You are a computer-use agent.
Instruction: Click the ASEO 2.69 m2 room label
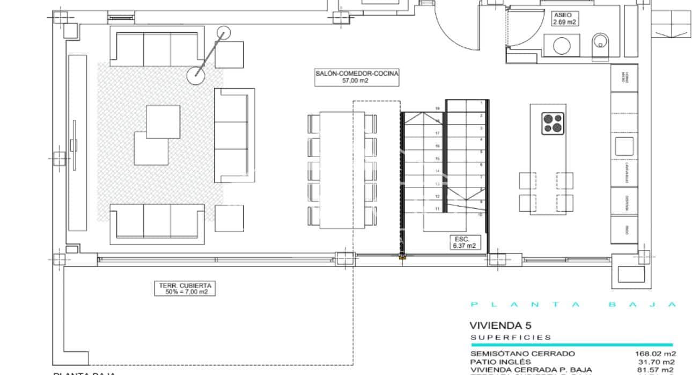[564, 19]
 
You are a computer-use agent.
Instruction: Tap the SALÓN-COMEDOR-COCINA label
[357, 77]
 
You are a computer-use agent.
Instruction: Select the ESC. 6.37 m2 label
[462, 242]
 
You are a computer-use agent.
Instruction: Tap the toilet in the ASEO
[600, 45]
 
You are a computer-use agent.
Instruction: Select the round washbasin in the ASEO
[561, 46]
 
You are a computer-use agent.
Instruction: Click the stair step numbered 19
[437, 109]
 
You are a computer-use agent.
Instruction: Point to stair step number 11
[437, 208]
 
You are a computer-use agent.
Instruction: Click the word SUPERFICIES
[510, 337]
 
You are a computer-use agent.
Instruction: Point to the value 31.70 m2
[657, 362]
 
